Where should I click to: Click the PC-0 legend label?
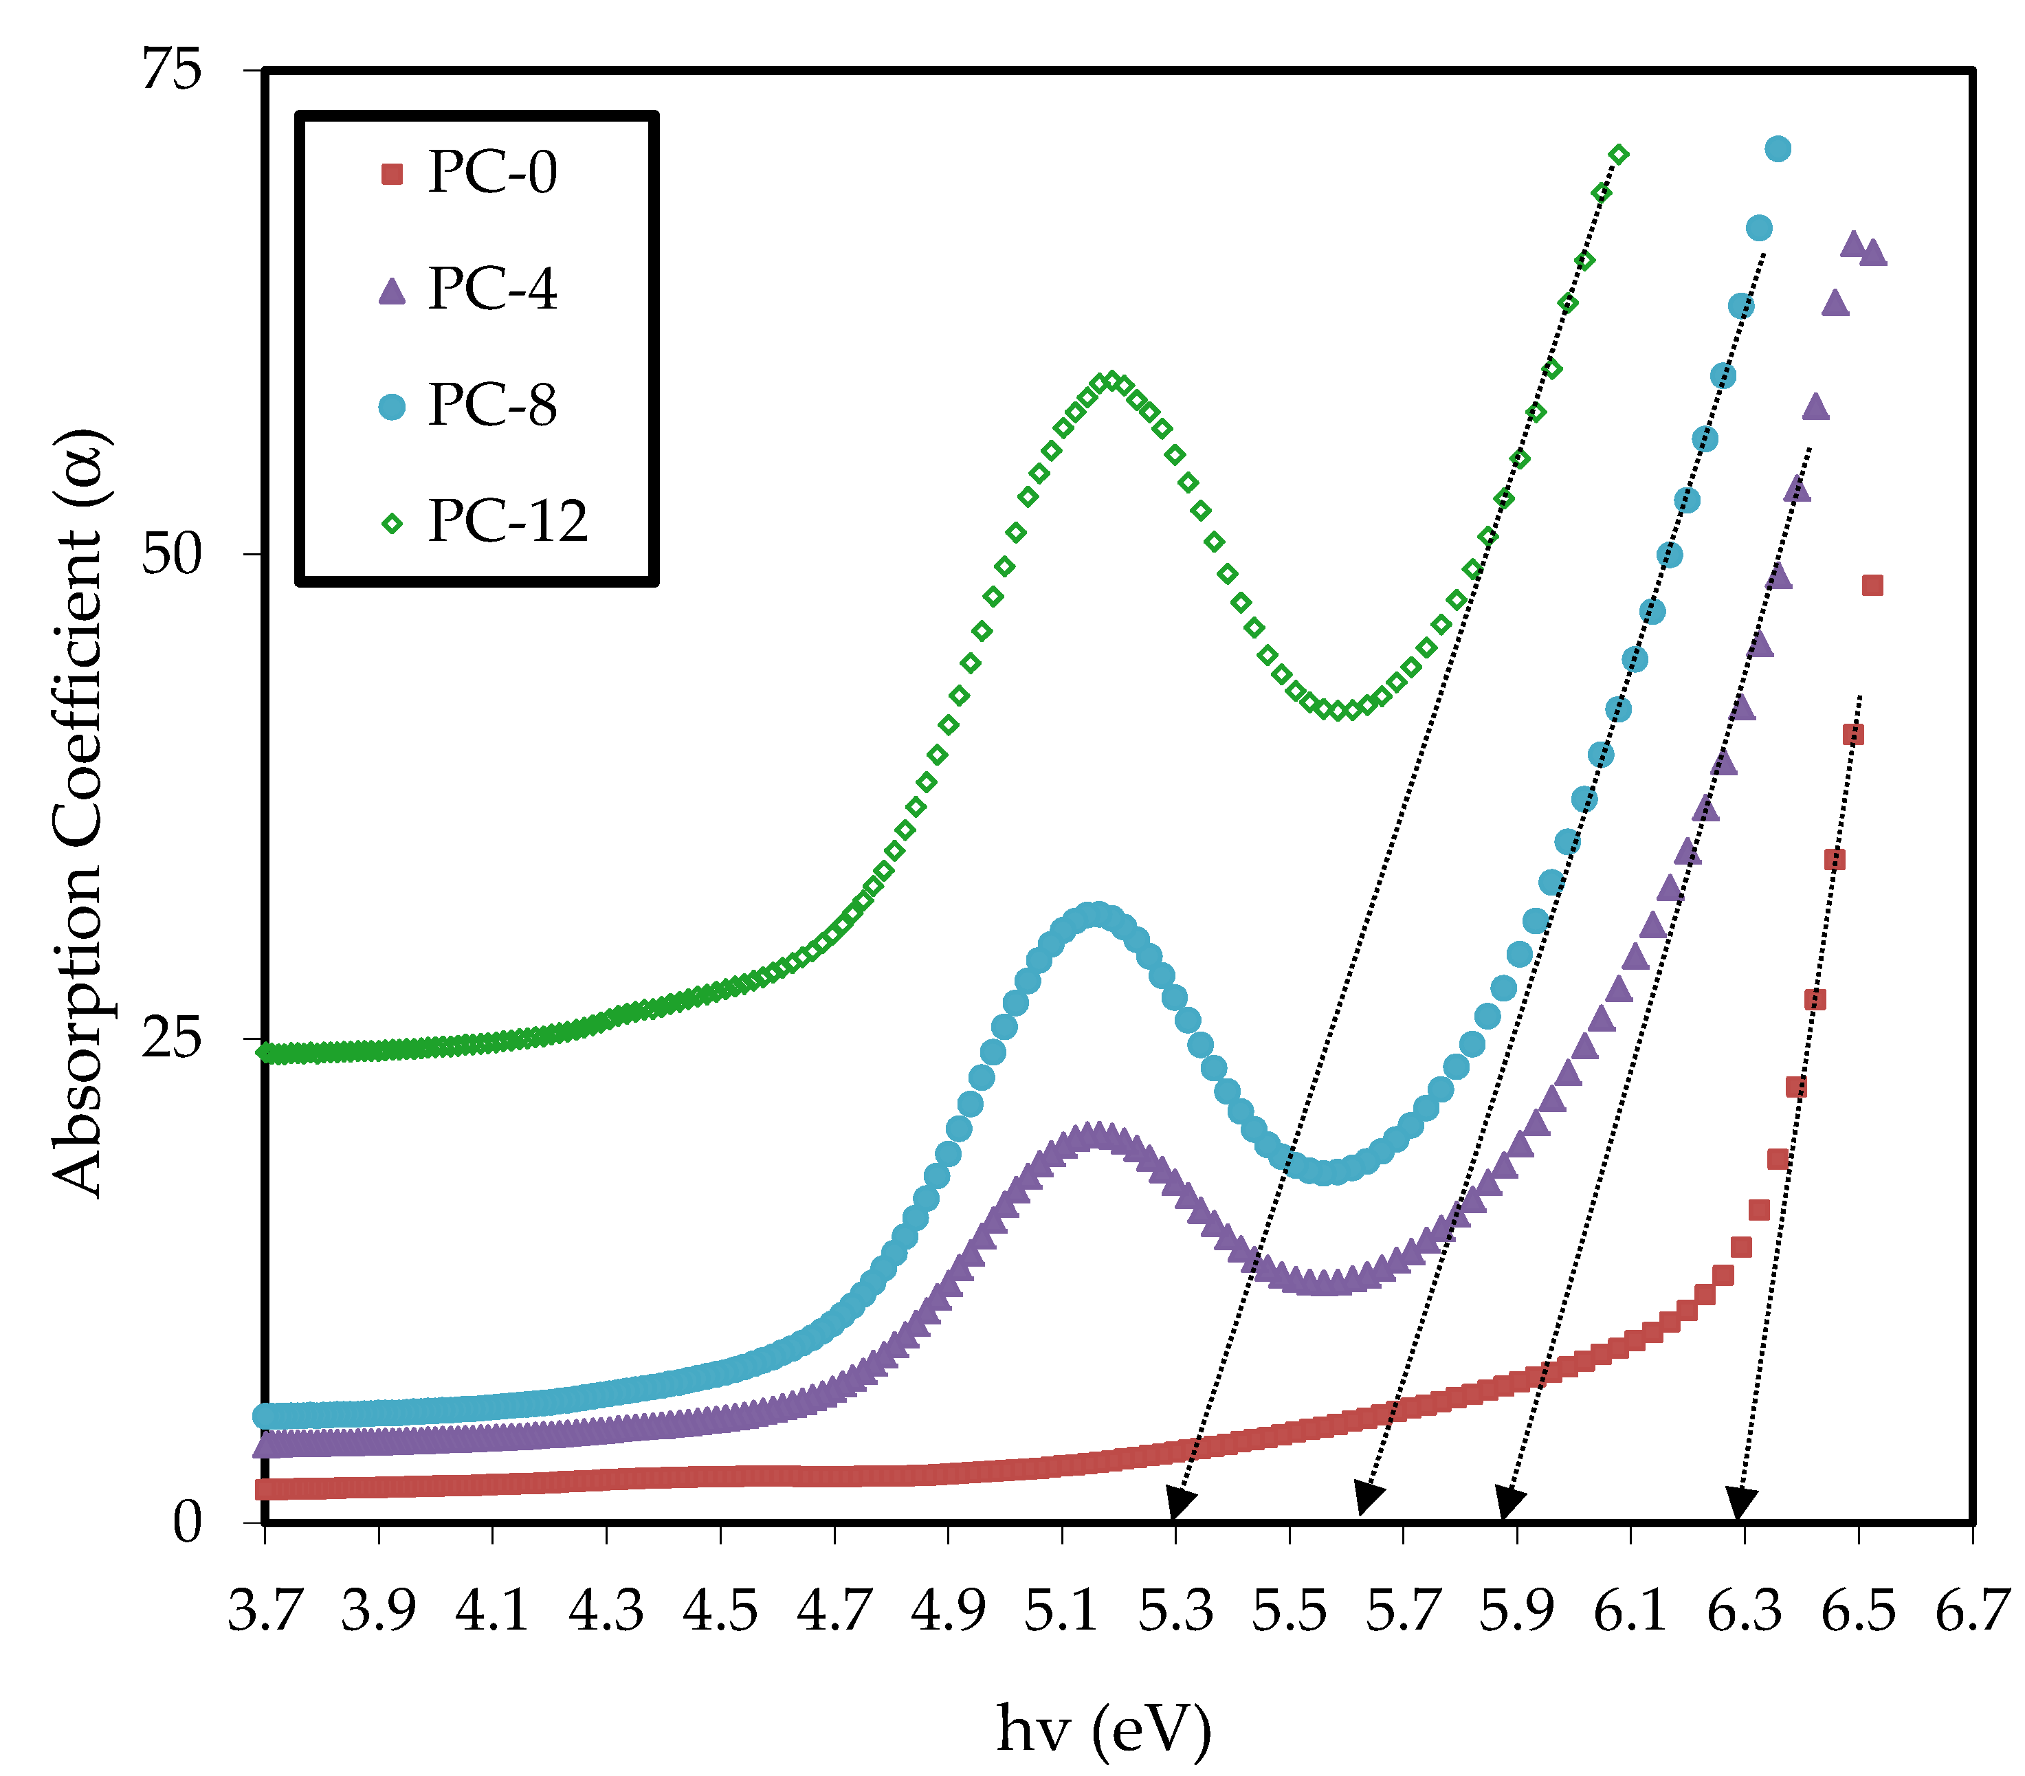492,173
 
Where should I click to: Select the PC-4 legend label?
492,289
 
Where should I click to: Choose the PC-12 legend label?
507,522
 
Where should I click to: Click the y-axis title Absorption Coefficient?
79,812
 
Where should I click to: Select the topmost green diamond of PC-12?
1619,155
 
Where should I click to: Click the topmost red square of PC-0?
1872,586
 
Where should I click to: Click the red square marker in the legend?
392,175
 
